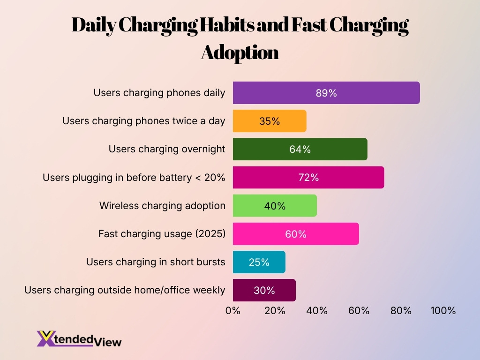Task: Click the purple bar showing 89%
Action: pyautogui.click(x=326, y=93)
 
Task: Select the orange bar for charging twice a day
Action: pyautogui.click(x=270, y=121)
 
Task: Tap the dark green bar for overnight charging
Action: pyautogui.click(x=300, y=149)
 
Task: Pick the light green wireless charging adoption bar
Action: pyautogui.click(x=275, y=206)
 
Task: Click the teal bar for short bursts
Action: pyautogui.click(x=259, y=262)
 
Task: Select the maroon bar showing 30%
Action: pyautogui.click(x=264, y=290)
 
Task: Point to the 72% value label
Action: pyautogui.click(x=308, y=178)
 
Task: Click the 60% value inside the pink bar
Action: pyautogui.click(x=296, y=234)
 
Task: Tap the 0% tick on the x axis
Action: pyautogui.click(x=233, y=310)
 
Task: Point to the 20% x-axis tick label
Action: pyautogui.click(x=275, y=310)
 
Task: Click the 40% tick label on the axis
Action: pyautogui.click(x=317, y=310)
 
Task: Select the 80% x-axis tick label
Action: pyautogui.click(x=401, y=310)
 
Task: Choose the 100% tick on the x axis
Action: pyautogui.click(x=443, y=310)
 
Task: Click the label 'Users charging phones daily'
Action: pyautogui.click(x=159, y=93)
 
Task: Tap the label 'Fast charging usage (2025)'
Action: pyautogui.click(x=162, y=234)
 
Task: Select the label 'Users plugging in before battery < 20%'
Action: pyautogui.click(x=134, y=178)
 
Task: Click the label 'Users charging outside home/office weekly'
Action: pyautogui.click(x=125, y=290)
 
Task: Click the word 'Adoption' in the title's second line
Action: pyautogui.click(x=240, y=52)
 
